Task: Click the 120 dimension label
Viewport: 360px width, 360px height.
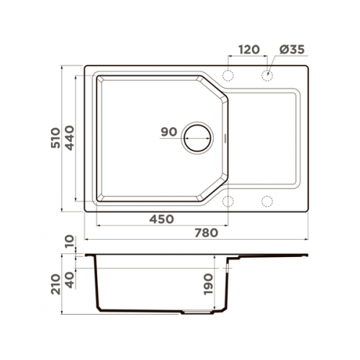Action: (x=249, y=50)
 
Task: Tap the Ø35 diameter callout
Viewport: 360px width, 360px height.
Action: (x=292, y=50)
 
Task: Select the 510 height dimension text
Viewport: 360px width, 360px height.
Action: (x=55, y=138)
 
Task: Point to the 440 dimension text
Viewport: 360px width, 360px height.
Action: (x=70, y=138)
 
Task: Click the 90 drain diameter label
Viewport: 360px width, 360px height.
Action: (x=169, y=132)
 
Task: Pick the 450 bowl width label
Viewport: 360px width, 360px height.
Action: (x=161, y=219)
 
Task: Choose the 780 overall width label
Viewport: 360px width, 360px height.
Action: (x=206, y=233)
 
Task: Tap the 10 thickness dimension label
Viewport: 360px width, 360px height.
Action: (x=70, y=242)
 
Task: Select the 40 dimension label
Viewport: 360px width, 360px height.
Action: (x=70, y=280)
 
